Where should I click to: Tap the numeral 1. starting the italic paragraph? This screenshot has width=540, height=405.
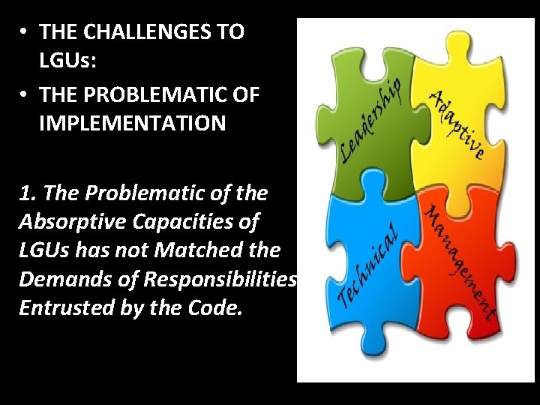point(29,193)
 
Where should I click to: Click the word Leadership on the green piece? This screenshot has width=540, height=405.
point(371,120)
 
